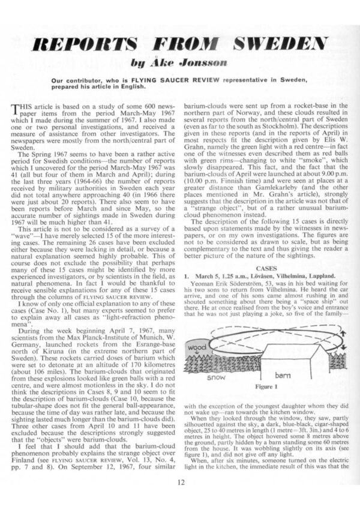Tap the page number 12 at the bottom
click(x=181, y=482)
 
